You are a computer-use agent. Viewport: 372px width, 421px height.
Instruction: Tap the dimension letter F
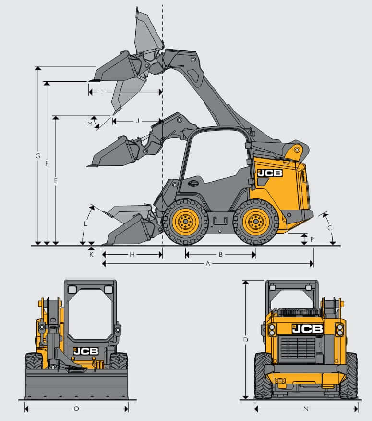pyautogui.click(x=47, y=163)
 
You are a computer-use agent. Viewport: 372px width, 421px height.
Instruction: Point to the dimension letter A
pyautogui.click(x=207, y=264)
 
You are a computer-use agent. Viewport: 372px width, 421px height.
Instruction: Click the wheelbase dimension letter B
pyautogui.click(x=220, y=254)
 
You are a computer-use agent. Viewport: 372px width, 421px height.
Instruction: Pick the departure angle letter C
pyautogui.click(x=330, y=228)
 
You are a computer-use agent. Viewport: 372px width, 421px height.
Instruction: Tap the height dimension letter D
pyautogui.click(x=245, y=340)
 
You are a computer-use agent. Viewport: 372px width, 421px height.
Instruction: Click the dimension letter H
pyautogui.click(x=132, y=254)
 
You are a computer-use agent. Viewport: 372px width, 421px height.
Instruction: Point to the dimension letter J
pyautogui.click(x=137, y=121)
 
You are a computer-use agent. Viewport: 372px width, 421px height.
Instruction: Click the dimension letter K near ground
pyautogui.click(x=91, y=254)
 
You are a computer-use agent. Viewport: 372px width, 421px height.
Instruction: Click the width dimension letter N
pyautogui.click(x=306, y=409)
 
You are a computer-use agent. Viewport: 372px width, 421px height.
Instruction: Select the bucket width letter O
pyautogui.click(x=76, y=409)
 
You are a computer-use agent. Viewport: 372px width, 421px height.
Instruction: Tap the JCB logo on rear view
pyautogui.click(x=307, y=329)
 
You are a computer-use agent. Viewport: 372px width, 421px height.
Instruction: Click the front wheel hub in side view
pyautogui.click(x=185, y=222)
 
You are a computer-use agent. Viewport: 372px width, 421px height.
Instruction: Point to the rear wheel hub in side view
pyautogui.click(x=255, y=222)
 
